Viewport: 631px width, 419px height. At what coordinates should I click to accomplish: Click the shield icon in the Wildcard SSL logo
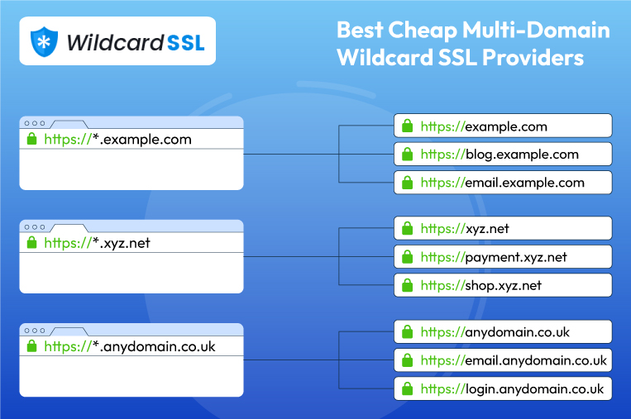43,41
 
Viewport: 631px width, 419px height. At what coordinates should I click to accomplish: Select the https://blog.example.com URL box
503,155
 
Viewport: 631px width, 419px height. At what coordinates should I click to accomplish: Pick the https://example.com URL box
503,126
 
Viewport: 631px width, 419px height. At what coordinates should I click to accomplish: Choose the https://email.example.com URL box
503,183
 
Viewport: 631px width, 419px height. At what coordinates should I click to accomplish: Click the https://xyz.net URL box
503,228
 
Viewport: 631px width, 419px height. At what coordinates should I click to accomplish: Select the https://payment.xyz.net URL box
503,257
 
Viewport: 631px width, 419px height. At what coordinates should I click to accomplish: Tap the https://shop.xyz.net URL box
503,286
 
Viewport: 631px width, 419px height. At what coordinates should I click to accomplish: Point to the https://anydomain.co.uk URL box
503,332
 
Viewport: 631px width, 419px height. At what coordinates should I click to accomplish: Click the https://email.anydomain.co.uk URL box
503,360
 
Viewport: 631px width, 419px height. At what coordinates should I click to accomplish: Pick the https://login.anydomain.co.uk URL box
503,388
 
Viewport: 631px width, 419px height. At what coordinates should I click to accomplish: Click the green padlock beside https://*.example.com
32,140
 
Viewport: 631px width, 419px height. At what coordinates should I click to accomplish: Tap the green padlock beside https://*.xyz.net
32,243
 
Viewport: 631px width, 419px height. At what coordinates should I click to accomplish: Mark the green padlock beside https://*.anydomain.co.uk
32,346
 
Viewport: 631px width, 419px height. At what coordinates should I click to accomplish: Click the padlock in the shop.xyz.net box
407,286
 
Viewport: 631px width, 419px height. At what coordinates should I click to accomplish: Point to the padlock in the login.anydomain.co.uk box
407,388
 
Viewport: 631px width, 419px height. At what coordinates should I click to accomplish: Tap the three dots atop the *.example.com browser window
35,122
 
